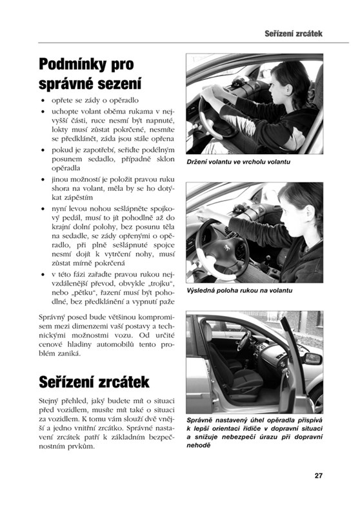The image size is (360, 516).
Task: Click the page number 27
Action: coord(318,475)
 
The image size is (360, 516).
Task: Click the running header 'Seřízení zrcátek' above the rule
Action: coord(293,34)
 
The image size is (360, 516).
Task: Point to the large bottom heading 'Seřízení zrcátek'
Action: coord(94,382)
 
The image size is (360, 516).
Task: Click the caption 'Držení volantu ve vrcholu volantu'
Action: coord(239,162)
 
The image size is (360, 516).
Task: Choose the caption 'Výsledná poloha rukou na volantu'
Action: coord(239,291)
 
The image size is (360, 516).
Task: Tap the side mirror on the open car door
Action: coord(312,359)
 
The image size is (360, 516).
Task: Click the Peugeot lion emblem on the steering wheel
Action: coord(227,248)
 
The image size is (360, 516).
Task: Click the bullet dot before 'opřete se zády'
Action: coord(43,101)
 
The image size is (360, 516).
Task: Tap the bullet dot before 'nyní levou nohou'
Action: coord(43,209)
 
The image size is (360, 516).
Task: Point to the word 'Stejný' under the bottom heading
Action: coord(48,401)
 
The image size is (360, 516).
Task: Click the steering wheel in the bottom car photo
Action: coord(244,341)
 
